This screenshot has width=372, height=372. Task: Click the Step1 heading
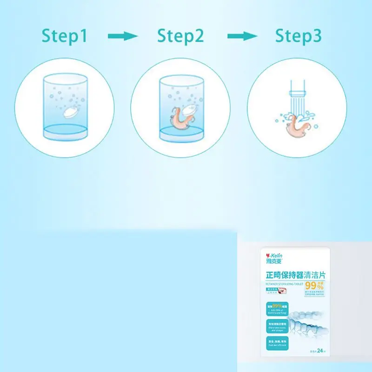65,36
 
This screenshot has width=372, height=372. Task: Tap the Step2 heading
180,36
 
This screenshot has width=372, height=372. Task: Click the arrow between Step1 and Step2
123,36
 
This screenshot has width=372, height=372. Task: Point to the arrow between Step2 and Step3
242,36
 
